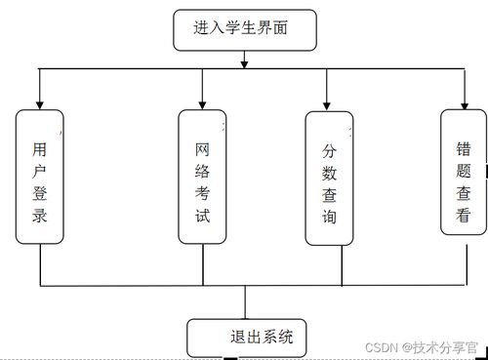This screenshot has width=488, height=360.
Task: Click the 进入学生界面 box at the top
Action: [x=245, y=29]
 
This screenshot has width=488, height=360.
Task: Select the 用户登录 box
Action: [x=40, y=177]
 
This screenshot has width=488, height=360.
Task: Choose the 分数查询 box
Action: [x=329, y=178]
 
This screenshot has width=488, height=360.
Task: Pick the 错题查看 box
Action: [x=464, y=172]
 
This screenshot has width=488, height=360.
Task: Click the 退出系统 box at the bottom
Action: [x=245, y=339]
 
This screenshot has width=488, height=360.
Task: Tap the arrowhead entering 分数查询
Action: [x=329, y=105]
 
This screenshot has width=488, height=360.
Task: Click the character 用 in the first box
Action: [x=40, y=149]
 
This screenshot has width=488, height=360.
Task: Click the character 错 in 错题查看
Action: [x=464, y=149]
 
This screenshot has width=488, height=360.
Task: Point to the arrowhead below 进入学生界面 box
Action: [x=245, y=63]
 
